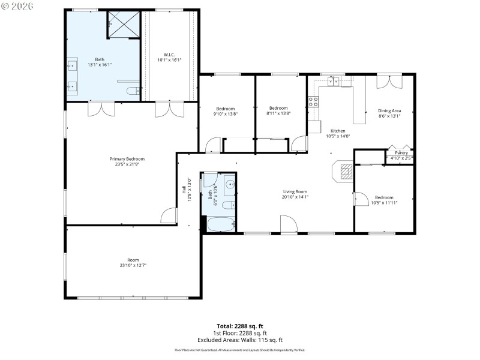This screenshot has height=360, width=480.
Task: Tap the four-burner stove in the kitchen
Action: pyautogui.click(x=313, y=101)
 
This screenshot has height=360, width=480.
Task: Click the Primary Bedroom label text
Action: pyautogui.click(x=127, y=159)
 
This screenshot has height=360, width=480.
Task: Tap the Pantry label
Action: pyautogui.click(x=401, y=153)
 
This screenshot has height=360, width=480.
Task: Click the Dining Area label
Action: pyautogui.click(x=389, y=111)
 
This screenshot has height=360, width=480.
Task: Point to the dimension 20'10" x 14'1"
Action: pyautogui.click(x=295, y=197)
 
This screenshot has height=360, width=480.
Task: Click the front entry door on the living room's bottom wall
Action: pyautogui.click(x=289, y=225)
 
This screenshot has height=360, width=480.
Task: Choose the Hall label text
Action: pyautogui.click(x=184, y=189)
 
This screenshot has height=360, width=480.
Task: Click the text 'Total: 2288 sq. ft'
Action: pyautogui.click(x=239, y=326)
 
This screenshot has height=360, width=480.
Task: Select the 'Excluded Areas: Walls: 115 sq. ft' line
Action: pyautogui.click(x=239, y=340)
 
